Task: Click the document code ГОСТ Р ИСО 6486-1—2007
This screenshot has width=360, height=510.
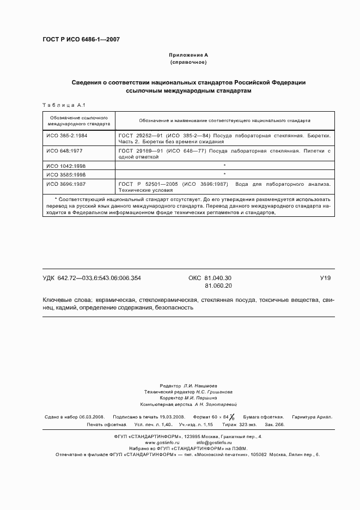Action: point(81,39)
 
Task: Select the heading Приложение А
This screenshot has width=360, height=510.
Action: point(188,55)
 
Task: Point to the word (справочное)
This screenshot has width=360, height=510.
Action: point(188,63)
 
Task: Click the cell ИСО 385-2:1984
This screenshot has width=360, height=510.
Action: point(66,134)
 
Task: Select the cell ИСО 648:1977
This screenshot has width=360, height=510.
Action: point(64,149)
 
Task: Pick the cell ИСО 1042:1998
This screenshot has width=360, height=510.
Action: point(66,165)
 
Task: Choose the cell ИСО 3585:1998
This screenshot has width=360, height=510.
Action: point(66,174)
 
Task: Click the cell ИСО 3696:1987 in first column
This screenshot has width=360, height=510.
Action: point(66,184)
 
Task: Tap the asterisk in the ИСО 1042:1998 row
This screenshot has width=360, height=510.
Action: point(224,165)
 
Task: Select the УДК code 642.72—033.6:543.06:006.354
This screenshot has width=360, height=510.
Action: point(91,278)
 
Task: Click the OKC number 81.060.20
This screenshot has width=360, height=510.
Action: point(218,286)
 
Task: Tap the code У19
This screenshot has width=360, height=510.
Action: point(325,278)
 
